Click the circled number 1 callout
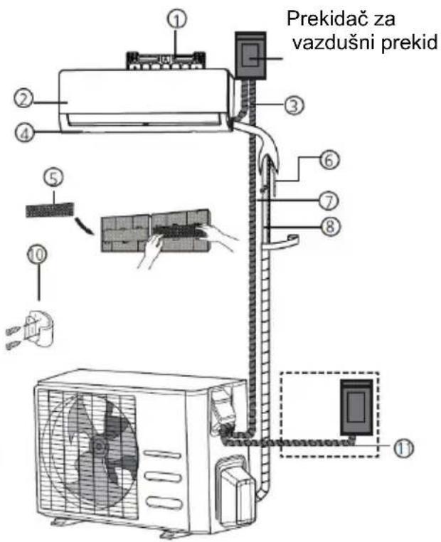[177, 19]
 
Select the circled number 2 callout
[23, 99]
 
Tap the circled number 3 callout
[294, 105]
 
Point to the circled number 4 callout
[24, 133]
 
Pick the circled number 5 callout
[53, 177]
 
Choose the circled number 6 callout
[329, 160]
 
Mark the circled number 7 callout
[329, 201]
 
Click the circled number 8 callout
[330, 226]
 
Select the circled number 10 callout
[37, 255]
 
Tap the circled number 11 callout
[404, 448]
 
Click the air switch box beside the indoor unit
[250, 55]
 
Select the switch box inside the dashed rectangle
[356, 407]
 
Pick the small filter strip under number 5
[50, 210]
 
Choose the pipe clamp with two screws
[33, 329]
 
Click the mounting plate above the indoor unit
[166, 61]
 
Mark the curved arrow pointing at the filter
[85, 225]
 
